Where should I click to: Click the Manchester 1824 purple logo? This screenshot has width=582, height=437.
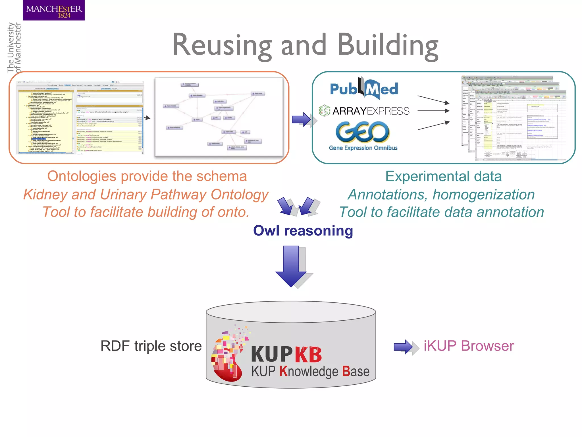tap(54, 10)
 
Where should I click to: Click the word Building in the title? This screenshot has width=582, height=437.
tap(388, 45)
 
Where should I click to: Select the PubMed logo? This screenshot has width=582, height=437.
tap(364, 89)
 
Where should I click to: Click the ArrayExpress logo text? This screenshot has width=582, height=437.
tap(371, 111)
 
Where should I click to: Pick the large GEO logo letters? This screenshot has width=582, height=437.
tap(363, 132)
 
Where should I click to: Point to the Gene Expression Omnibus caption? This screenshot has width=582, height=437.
tap(363, 148)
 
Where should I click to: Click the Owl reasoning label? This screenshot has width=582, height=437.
tap(303, 230)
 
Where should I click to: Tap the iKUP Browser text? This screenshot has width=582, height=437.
tap(469, 346)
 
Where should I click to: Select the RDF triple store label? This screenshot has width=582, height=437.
tap(151, 346)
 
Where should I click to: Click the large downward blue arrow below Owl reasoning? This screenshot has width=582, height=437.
tap(291, 266)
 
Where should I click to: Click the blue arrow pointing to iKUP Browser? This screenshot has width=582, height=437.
tap(404, 347)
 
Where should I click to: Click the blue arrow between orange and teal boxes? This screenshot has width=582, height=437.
tap(302, 119)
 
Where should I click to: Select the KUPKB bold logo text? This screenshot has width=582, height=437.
tap(286, 354)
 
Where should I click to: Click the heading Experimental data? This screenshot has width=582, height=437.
tap(443, 176)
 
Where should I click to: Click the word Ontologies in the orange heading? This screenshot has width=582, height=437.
tap(82, 176)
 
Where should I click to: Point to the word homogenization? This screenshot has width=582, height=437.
tap(483, 195)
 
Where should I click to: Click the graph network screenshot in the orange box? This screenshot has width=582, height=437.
tap(219, 117)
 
